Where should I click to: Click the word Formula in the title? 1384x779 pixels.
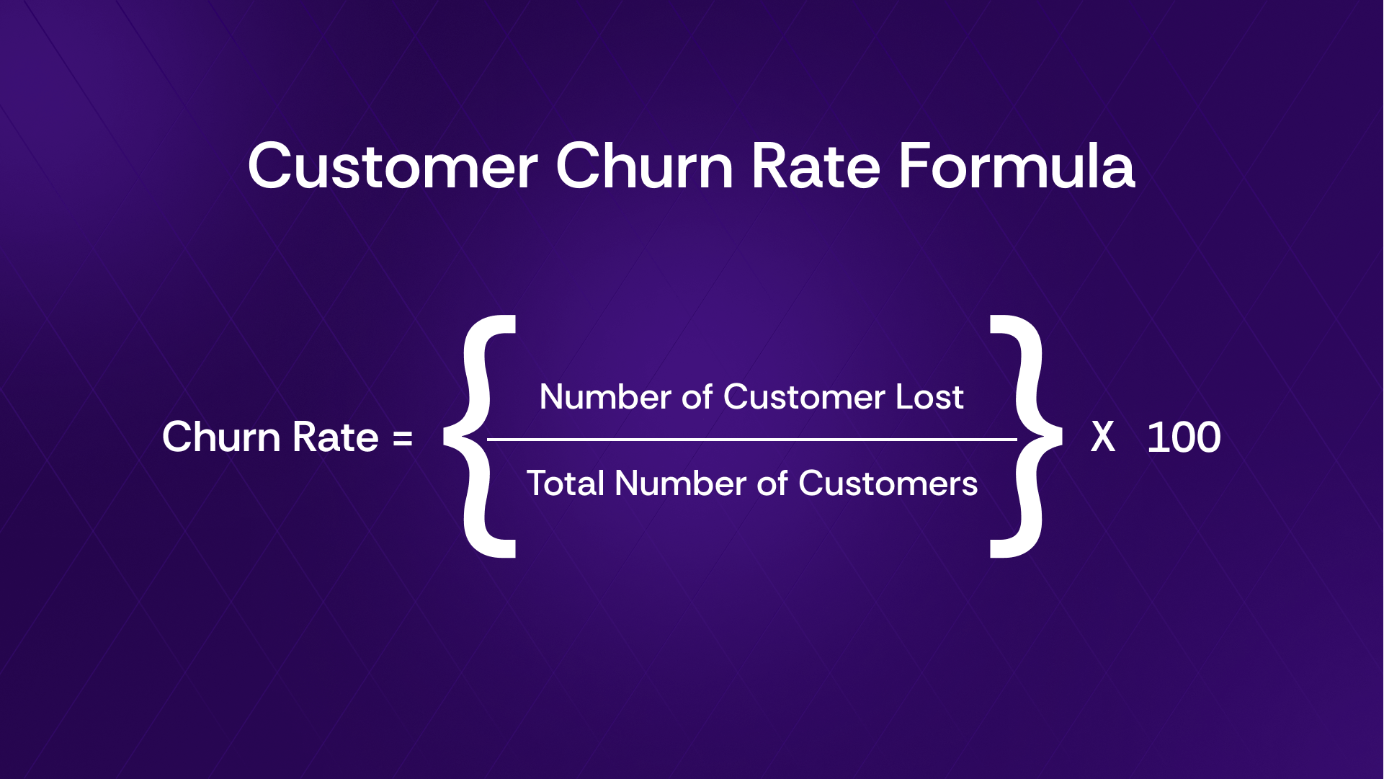[x=1017, y=166]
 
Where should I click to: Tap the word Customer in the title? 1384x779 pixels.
[x=393, y=166]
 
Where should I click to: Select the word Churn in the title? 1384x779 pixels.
[x=645, y=166]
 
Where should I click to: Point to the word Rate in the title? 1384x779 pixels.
[x=816, y=166]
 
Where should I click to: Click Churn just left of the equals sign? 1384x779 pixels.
[x=220, y=437]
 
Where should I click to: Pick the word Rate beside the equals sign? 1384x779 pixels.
[x=336, y=437]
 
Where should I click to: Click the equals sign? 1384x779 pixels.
[x=403, y=438]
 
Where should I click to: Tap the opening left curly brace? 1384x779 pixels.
[x=480, y=437]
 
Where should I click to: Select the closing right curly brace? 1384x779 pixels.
[x=1027, y=437]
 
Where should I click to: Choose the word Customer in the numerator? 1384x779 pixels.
[x=804, y=397]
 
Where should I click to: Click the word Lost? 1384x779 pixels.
[x=929, y=397]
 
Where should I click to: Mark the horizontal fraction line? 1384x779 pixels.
[x=752, y=439]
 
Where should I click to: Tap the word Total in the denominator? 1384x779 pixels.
[x=566, y=483]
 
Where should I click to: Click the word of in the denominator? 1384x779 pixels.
[x=772, y=483]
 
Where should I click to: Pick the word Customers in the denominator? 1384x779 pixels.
[x=888, y=483]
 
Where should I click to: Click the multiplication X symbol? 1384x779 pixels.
[x=1103, y=437]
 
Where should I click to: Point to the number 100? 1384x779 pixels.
[x=1184, y=437]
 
